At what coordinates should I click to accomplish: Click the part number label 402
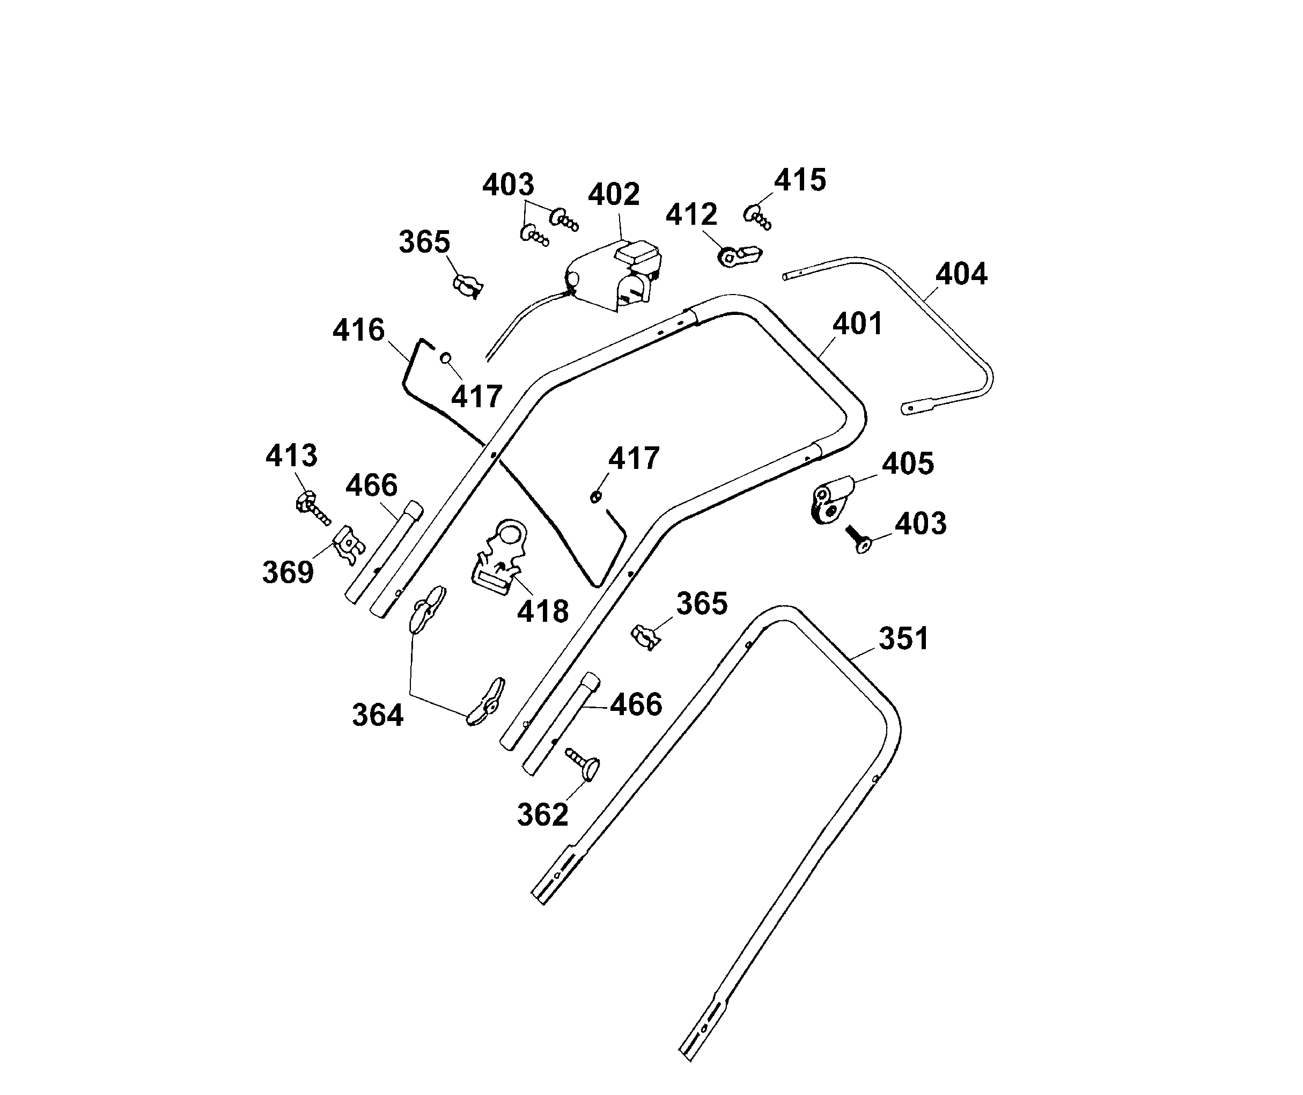pyautogui.click(x=613, y=195)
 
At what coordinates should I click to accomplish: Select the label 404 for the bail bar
pyautogui.click(x=961, y=274)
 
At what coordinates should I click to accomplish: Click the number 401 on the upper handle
pyautogui.click(x=857, y=324)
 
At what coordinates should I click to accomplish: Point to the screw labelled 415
pyautogui.click(x=757, y=217)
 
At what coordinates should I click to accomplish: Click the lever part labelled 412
pyautogui.click(x=739, y=256)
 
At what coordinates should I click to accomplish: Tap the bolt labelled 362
pyautogui.click(x=582, y=763)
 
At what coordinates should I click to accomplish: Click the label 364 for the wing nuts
pyautogui.click(x=378, y=715)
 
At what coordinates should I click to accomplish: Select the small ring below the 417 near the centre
pyautogui.click(x=595, y=497)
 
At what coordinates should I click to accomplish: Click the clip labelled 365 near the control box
pyautogui.click(x=467, y=286)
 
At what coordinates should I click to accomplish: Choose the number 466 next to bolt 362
pyautogui.click(x=636, y=705)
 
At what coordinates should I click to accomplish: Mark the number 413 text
pyautogui.click(x=291, y=456)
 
